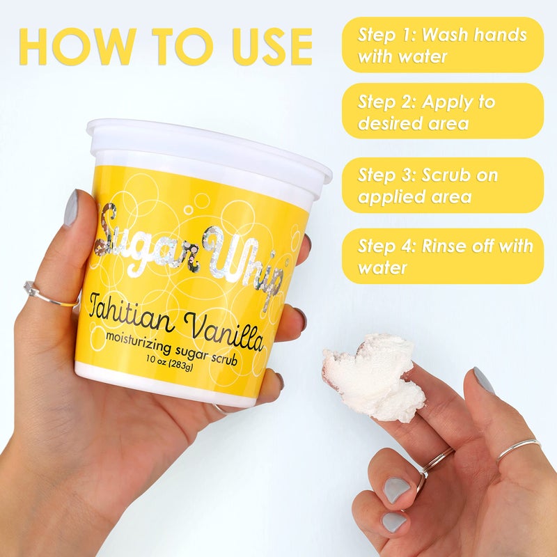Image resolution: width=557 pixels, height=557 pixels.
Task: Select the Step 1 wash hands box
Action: point(442,45)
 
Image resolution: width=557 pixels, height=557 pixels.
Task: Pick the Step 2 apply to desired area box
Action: point(442,112)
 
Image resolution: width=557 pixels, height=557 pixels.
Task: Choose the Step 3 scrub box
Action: point(442,185)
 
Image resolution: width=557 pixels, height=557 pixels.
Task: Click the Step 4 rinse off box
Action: point(442,256)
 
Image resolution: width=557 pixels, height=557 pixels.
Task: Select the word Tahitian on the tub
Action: point(129,310)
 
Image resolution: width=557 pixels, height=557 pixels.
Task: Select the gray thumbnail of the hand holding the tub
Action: point(70,209)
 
